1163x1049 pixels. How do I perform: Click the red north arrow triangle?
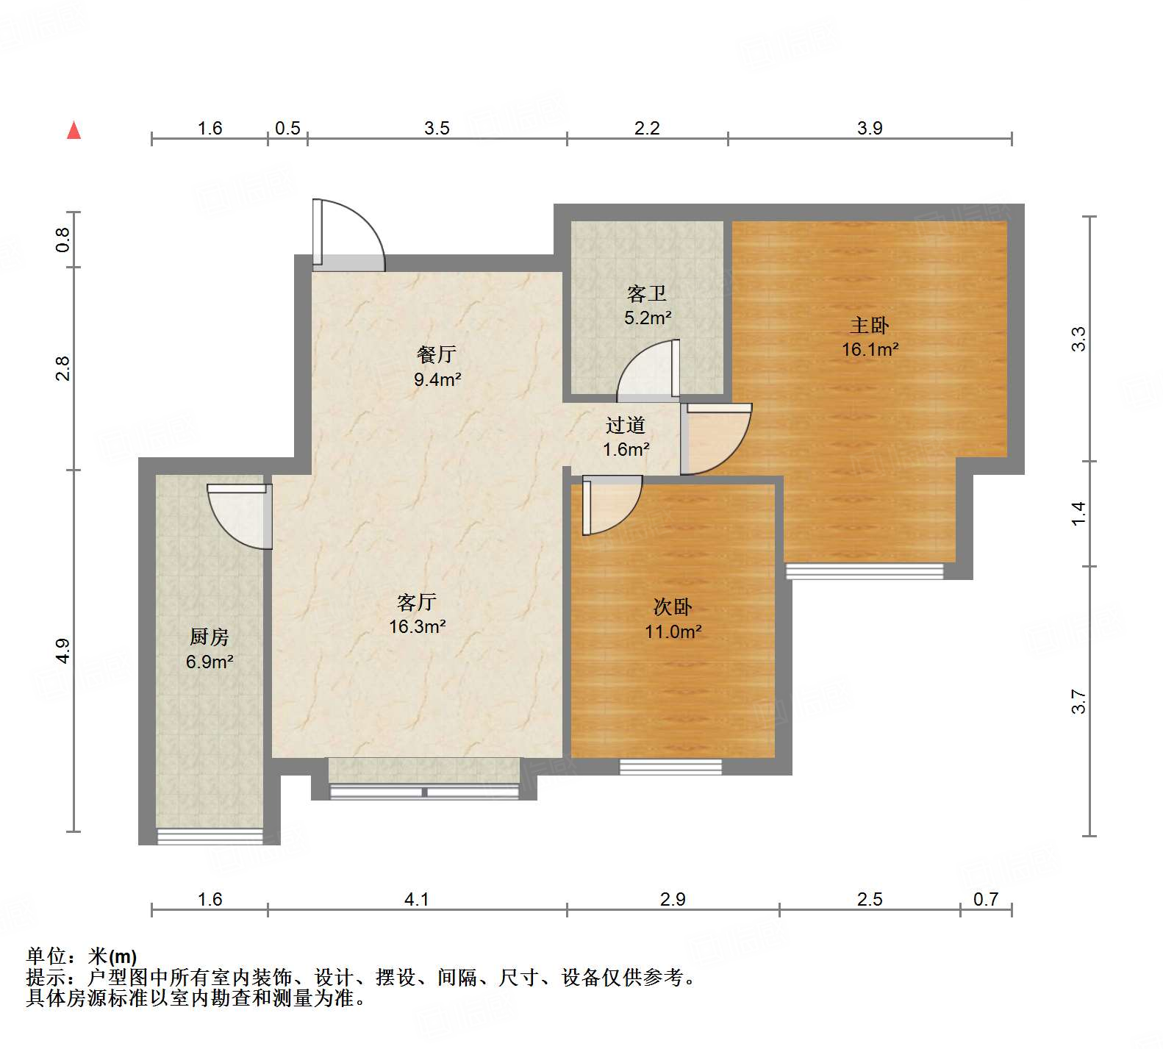pos(74,131)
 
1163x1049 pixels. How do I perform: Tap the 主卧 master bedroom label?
pos(870,325)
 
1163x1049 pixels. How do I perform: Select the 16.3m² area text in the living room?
pos(417,627)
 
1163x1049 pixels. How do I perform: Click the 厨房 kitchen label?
pos(210,637)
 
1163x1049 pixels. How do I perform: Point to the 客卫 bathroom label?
pos(647,294)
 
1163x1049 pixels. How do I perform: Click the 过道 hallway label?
pos(626,425)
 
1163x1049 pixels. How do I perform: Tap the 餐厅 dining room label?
pos(437,354)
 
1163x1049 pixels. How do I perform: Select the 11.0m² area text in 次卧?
pos(673,631)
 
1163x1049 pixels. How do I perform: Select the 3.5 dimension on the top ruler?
pos(437,128)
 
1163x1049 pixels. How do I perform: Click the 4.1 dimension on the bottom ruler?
pos(416,899)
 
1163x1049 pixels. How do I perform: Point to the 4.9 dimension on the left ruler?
pos(63,651)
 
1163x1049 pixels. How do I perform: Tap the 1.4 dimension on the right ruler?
pos(1078,512)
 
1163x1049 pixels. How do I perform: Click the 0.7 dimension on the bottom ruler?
pos(985,899)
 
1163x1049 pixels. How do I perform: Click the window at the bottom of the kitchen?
pos(210,836)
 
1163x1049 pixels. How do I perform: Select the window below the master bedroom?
pos(865,571)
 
